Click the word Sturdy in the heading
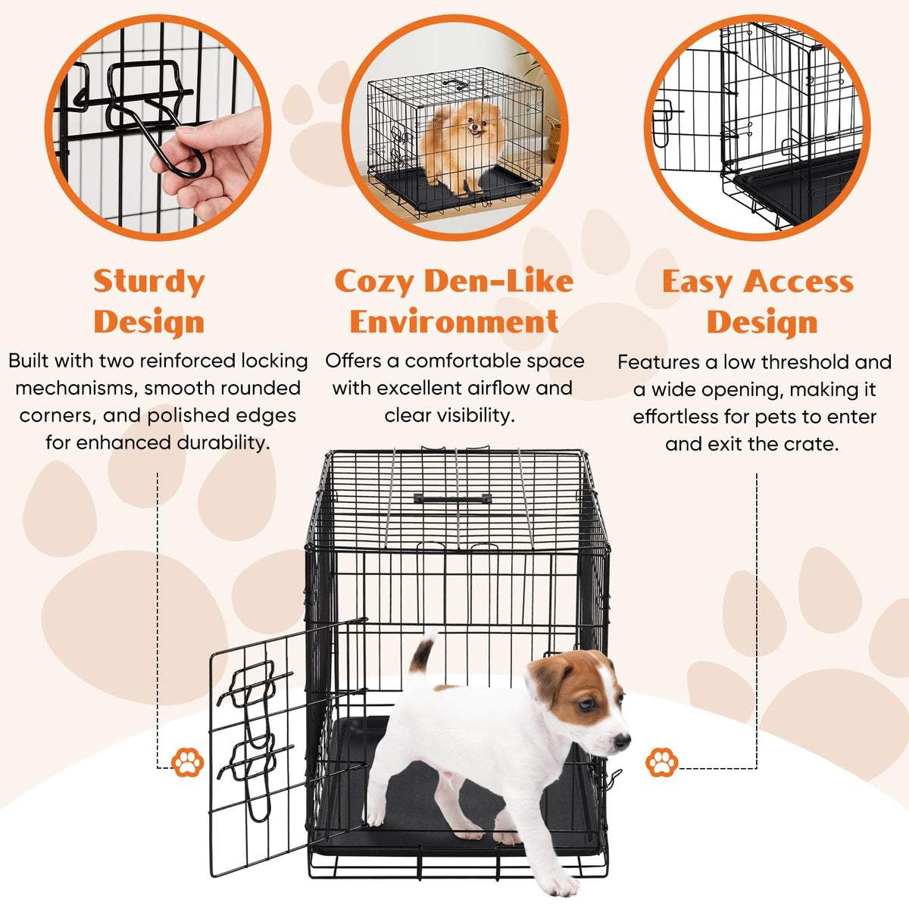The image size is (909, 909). (x=149, y=282)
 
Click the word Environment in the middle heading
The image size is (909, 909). (x=454, y=322)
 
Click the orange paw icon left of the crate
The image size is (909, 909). (x=187, y=762)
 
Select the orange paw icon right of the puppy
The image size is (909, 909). (x=661, y=762)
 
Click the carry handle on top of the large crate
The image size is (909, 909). (x=452, y=498)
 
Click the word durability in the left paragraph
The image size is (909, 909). (x=223, y=443)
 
